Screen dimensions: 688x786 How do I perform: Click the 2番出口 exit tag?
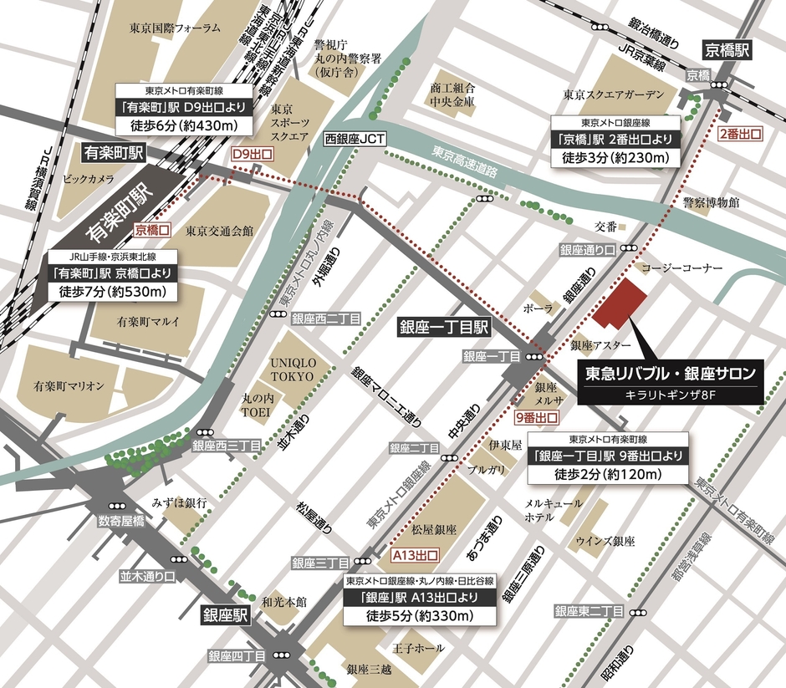click(740, 134)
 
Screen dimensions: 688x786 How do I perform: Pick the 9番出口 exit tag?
click(536, 415)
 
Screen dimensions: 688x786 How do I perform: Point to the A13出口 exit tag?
click(415, 554)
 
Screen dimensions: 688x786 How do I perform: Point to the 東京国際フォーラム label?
click(175, 28)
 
